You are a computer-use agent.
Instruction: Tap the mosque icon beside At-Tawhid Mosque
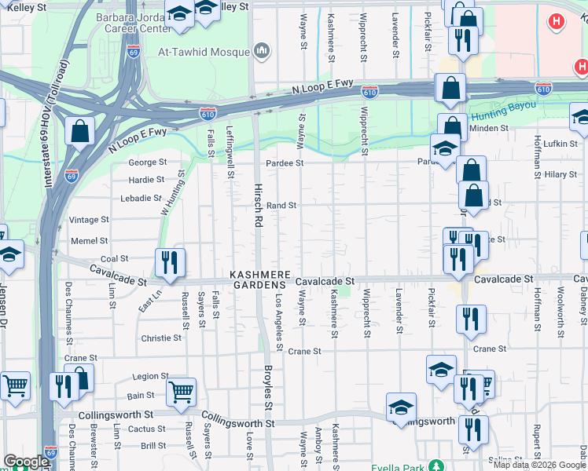click(262, 52)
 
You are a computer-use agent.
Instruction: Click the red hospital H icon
click(557, 21)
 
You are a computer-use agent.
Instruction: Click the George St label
click(148, 162)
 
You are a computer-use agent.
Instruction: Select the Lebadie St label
click(141, 199)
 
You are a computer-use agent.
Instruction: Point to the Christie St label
click(161, 338)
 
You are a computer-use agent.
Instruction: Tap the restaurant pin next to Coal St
click(170, 262)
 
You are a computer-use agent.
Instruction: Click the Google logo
click(26, 462)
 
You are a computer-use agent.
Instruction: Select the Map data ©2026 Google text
click(539, 465)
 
